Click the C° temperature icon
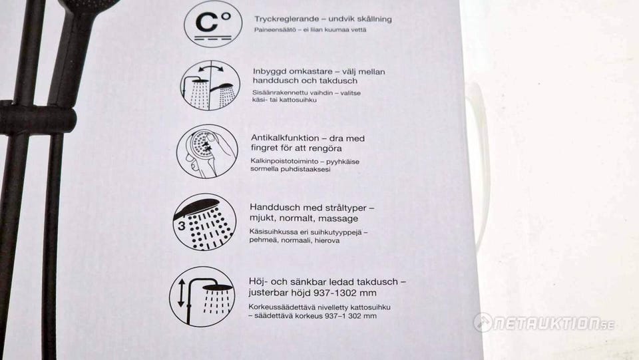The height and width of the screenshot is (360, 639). [x=213, y=23]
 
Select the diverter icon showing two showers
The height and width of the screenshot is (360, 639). [x=210, y=86]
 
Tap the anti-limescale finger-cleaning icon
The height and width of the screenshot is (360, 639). [x=208, y=151]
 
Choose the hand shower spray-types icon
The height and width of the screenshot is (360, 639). [x=204, y=222]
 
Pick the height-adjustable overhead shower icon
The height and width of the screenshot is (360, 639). [x=202, y=296]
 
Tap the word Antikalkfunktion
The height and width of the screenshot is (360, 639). [x=285, y=138]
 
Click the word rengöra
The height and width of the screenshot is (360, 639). [x=325, y=148]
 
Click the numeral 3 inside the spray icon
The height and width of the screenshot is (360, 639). [x=181, y=226]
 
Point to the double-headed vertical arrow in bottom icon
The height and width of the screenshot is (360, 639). [x=181, y=293]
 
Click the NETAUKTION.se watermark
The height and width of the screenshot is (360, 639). [x=544, y=323]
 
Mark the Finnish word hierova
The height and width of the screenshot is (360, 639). [x=327, y=240]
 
